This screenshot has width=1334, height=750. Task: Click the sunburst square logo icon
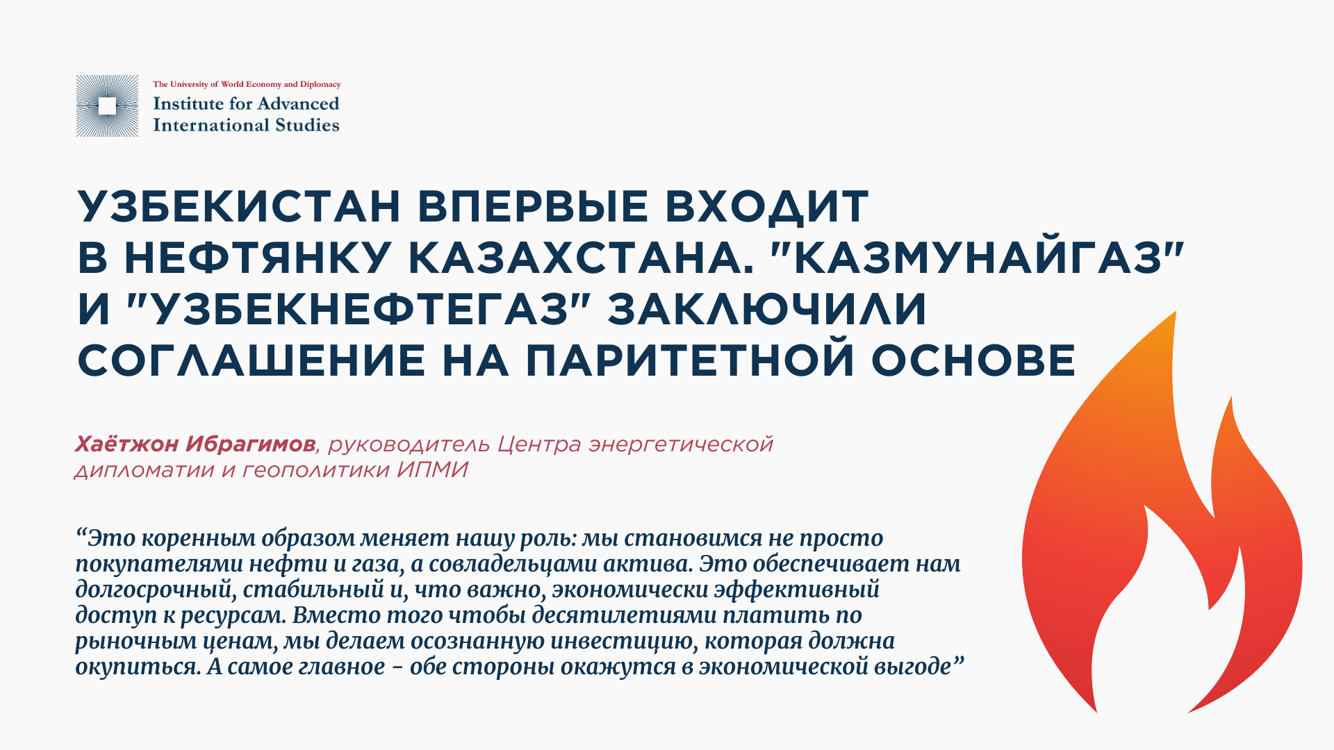tap(107, 106)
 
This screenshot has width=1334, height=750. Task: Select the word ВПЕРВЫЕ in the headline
tap(533, 206)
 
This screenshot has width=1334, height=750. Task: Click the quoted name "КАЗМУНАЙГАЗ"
tap(977, 258)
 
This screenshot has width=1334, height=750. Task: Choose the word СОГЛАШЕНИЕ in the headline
tap(252, 360)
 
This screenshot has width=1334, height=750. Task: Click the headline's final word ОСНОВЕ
tap(973, 360)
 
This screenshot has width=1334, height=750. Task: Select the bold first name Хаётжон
tap(127, 444)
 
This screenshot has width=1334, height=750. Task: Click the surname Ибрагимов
tap(251, 444)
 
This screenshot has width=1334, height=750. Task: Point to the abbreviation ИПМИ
tap(433, 470)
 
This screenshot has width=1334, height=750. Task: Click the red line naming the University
tap(247, 85)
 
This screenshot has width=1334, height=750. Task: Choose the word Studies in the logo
tap(307, 125)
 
